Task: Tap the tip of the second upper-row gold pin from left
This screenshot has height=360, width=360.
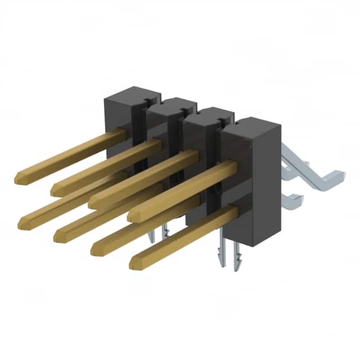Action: point(56,189)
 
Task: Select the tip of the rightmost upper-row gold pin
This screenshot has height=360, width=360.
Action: point(133,215)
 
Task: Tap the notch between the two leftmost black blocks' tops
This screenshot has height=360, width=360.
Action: point(146,101)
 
